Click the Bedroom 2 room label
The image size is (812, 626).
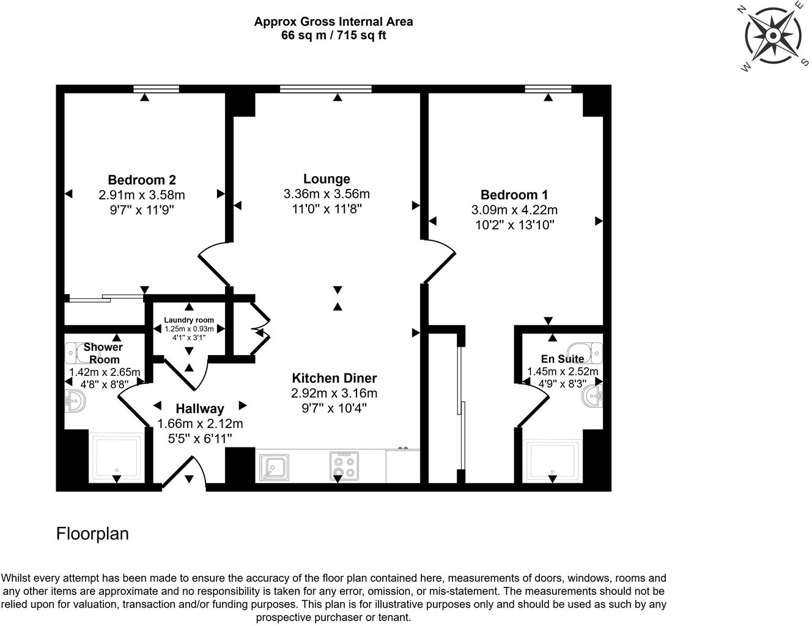(x=142, y=180)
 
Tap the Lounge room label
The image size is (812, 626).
(x=327, y=179)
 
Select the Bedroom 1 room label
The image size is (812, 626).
(x=514, y=194)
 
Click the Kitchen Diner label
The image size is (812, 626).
(x=334, y=378)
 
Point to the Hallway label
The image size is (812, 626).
(x=200, y=408)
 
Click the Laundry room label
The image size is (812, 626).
(x=189, y=320)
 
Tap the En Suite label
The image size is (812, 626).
(x=562, y=359)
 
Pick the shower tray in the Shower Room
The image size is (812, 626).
(x=117, y=458)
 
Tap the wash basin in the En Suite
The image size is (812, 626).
(x=592, y=395)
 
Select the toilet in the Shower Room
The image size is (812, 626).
(x=76, y=352)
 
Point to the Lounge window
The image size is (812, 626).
(x=326, y=89)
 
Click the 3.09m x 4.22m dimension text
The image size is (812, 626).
(x=514, y=210)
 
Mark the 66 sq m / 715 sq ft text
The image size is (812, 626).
(x=333, y=35)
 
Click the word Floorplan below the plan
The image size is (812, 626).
(x=92, y=534)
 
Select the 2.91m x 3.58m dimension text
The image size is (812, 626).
(x=142, y=195)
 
